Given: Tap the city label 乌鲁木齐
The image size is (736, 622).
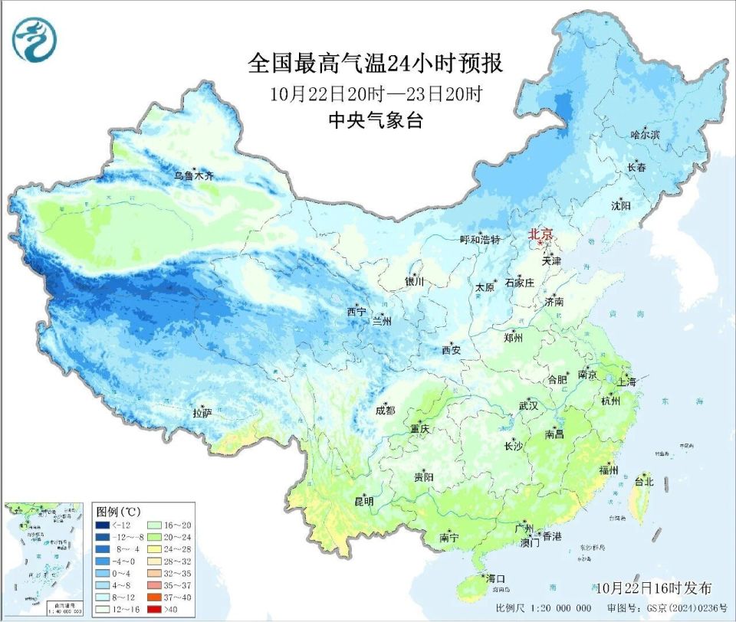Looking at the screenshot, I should tap(192, 176).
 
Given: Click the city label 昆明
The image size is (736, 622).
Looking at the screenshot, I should tap(363, 502).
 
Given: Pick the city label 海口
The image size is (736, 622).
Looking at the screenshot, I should tap(495, 578).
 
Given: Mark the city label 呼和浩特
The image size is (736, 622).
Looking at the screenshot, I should tap(479, 240).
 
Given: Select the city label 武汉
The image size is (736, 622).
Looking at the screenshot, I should tap(529, 404).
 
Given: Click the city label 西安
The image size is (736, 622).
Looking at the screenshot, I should tap(451, 350).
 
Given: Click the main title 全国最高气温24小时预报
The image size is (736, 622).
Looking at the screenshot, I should tap(376, 64).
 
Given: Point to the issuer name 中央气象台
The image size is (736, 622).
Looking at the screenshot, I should tap(376, 121).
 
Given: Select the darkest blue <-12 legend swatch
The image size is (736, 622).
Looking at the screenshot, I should tap(102, 525).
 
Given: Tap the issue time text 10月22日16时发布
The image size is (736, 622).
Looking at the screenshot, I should tap(654, 588).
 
